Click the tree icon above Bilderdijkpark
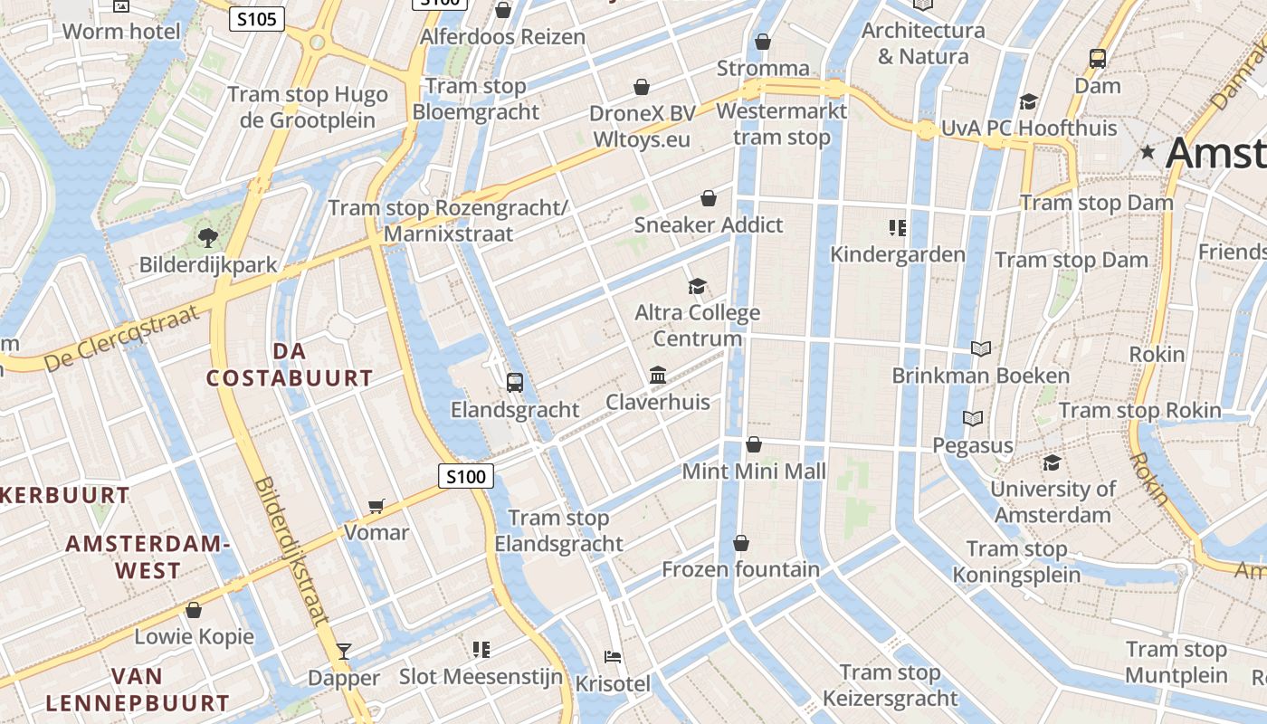(208, 238)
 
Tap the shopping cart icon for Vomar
(376, 506)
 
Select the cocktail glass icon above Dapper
(344, 651)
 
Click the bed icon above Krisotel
(613, 656)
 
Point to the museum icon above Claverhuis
(658, 375)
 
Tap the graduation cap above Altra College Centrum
(696, 287)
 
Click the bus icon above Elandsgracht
(515, 382)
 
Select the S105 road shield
(257, 18)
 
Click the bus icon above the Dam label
(1098, 59)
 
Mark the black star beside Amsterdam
(1148, 152)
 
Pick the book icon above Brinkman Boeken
(980, 348)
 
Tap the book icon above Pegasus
(973, 418)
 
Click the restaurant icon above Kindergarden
(898, 227)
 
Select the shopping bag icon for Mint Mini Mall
(753, 444)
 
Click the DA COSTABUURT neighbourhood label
(290, 364)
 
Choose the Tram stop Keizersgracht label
(890, 685)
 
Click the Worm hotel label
(121, 31)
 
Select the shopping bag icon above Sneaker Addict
(709, 198)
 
